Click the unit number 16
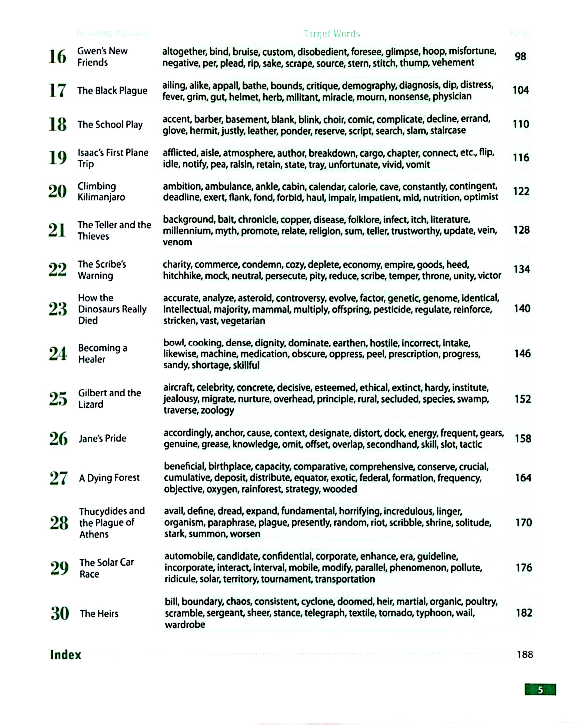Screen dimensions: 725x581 pos(57,57)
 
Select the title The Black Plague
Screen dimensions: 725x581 pos(112,91)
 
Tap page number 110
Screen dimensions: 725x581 pos(521,124)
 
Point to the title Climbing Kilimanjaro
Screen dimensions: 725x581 pos(101,192)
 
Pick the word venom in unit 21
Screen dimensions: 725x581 pos(177,242)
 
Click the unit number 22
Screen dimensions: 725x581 pos(58,270)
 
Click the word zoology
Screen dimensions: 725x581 pos(217,410)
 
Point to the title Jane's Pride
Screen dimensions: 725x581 pos(102,438)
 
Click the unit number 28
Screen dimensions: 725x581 pos(59,523)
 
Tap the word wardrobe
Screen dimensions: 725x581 pos(185,624)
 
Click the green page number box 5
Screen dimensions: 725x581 pos(540,690)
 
